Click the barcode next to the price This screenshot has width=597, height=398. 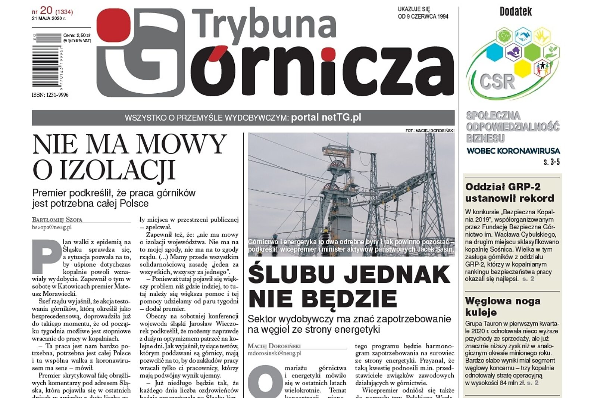(46, 63)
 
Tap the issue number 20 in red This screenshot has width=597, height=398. (46, 10)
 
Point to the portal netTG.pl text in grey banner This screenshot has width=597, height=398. (326, 118)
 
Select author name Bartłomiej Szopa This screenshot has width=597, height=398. (57, 220)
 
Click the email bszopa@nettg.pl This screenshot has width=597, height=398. (52, 227)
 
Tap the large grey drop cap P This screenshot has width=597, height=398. (46, 256)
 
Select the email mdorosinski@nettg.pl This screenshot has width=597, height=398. (274, 353)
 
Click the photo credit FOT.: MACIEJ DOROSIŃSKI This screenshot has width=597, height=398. (430, 131)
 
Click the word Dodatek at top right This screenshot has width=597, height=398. (515, 12)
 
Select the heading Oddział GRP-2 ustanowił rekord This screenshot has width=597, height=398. (509, 192)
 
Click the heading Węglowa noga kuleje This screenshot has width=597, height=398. (503, 306)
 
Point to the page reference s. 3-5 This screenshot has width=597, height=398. (551, 162)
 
